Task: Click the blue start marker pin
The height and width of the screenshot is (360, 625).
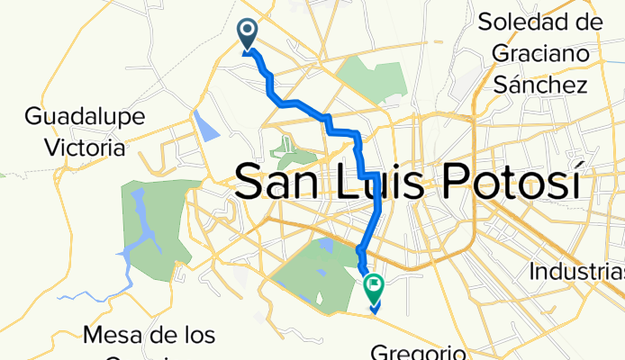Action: tap(247, 34)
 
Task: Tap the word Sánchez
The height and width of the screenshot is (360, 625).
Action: tap(540, 85)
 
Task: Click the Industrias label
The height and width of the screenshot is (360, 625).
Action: tap(576, 271)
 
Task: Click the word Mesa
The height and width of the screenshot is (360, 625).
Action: tap(112, 336)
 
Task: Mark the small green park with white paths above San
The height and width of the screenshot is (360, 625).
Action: tap(288, 148)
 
